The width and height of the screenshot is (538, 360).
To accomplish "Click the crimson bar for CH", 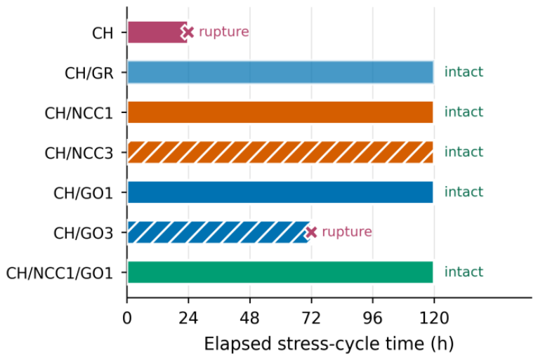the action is click(157, 32).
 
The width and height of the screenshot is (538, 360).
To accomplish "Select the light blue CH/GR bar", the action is click(280, 72).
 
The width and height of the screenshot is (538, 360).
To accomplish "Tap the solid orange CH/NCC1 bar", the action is click(280, 112).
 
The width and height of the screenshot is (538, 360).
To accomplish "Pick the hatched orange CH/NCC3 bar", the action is click(280, 152).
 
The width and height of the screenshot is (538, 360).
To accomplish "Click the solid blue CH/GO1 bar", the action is click(280, 192).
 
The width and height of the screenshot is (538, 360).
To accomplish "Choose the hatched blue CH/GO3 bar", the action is click(219, 232).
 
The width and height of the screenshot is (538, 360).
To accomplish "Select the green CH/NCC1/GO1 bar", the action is click(280, 272).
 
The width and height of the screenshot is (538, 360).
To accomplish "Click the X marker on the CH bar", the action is click(188, 32).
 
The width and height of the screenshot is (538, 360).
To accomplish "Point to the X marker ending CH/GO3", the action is click(311, 232).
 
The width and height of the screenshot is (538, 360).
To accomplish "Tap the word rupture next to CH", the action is click(224, 32).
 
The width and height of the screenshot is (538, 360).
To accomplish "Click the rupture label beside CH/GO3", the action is click(347, 232).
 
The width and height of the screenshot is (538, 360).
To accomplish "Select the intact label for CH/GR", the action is click(464, 72).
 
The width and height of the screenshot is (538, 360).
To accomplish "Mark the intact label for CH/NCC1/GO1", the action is click(464, 272).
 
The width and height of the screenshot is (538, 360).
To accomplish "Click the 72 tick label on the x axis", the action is click(311, 318).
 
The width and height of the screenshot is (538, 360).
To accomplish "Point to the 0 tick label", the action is click(127, 318).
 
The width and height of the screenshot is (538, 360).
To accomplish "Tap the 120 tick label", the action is click(434, 318).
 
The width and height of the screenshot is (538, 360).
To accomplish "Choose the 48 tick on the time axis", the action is click(250, 318).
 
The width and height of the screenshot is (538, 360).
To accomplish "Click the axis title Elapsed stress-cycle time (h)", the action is click(329, 344).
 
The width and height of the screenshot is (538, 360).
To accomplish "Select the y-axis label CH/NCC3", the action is click(79, 153).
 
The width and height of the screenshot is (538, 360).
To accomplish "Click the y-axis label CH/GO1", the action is click(84, 193).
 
